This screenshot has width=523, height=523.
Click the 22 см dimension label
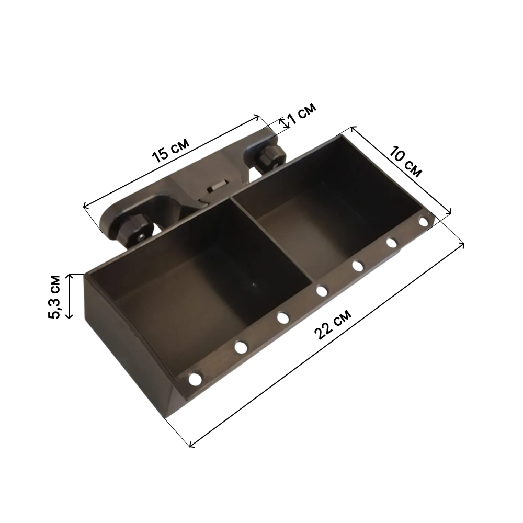[333, 324]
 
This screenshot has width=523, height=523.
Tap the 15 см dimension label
[170, 150]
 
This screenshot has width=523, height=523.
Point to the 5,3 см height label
[54, 297]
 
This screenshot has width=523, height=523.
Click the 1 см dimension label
[302, 113]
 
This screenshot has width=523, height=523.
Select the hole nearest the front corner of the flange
[195, 379]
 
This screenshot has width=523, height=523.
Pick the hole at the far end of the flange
[424, 221]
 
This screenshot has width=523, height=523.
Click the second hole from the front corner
[241, 347]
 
